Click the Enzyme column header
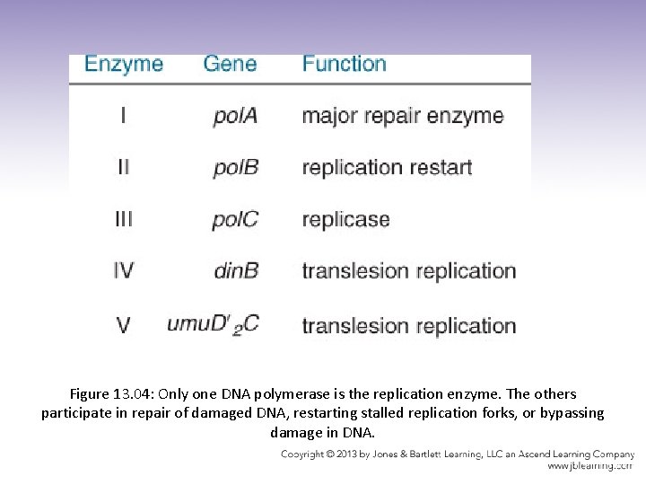(124, 64)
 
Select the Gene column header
(230, 64)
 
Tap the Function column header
(345, 64)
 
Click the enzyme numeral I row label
(123, 116)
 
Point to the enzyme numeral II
(123, 167)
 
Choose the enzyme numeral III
(123, 219)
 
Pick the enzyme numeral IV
(123, 270)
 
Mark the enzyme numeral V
(123, 324)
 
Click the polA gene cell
(235, 117)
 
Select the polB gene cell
(235, 168)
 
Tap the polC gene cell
(235, 220)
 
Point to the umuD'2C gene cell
(213, 324)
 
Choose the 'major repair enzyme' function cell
(403, 117)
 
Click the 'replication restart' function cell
(387, 168)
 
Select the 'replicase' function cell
(345, 220)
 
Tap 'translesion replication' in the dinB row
(409, 270)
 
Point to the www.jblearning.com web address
(589, 466)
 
